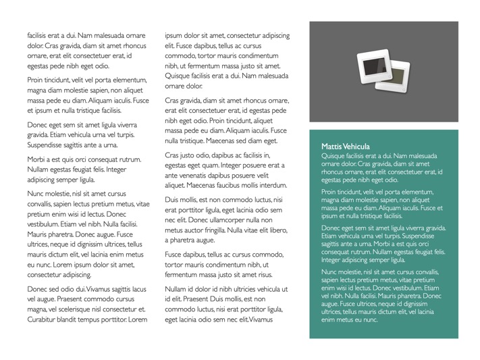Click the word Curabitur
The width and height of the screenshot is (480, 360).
click(x=42, y=319)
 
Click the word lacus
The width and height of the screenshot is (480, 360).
click(x=138, y=288)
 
